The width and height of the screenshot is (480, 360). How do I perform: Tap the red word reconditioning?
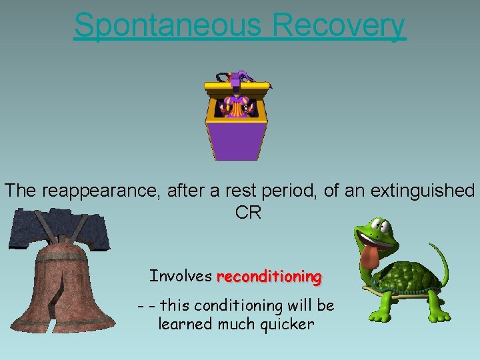click(269, 276)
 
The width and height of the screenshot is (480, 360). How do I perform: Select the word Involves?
click(181, 276)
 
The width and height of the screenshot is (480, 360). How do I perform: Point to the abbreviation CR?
click(248, 213)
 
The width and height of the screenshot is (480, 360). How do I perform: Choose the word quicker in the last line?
click(286, 324)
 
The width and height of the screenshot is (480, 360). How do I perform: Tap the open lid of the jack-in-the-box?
click(237, 84)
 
